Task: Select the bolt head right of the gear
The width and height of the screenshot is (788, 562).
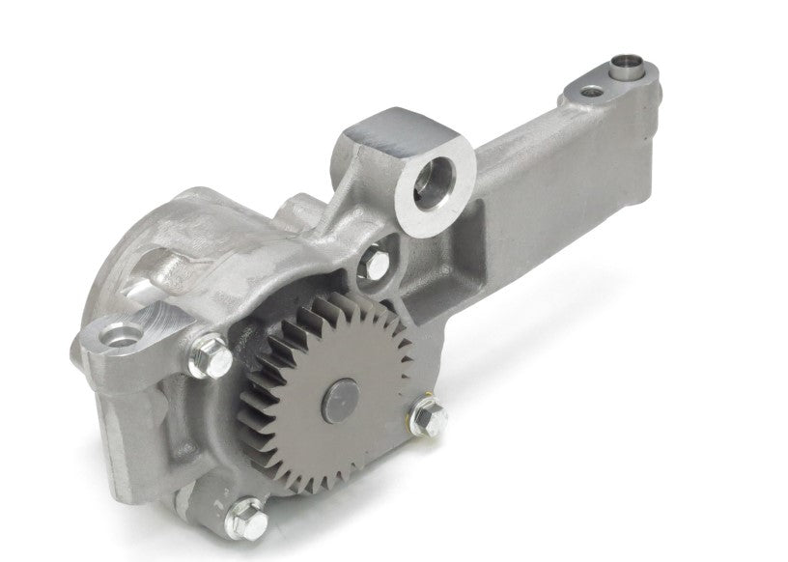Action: pyautogui.click(x=428, y=418)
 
